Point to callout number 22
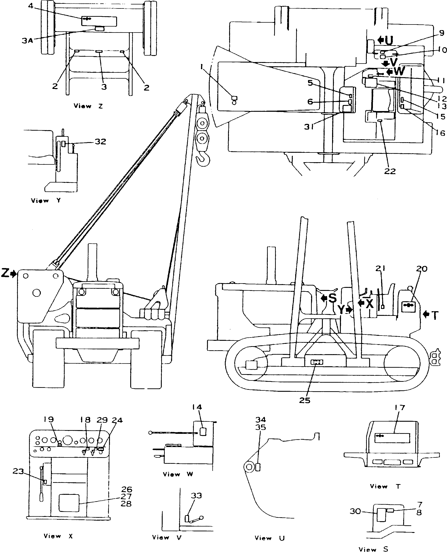pyautogui.click(x=390, y=171)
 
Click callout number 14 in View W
pyautogui.click(x=197, y=407)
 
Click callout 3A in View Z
pyautogui.click(x=27, y=41)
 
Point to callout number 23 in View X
pyautogui.click(x=18, y=471)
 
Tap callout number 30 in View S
pyautogui.click(x=355, y=511)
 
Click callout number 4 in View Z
pyautogui.click(x=31, y=6)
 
